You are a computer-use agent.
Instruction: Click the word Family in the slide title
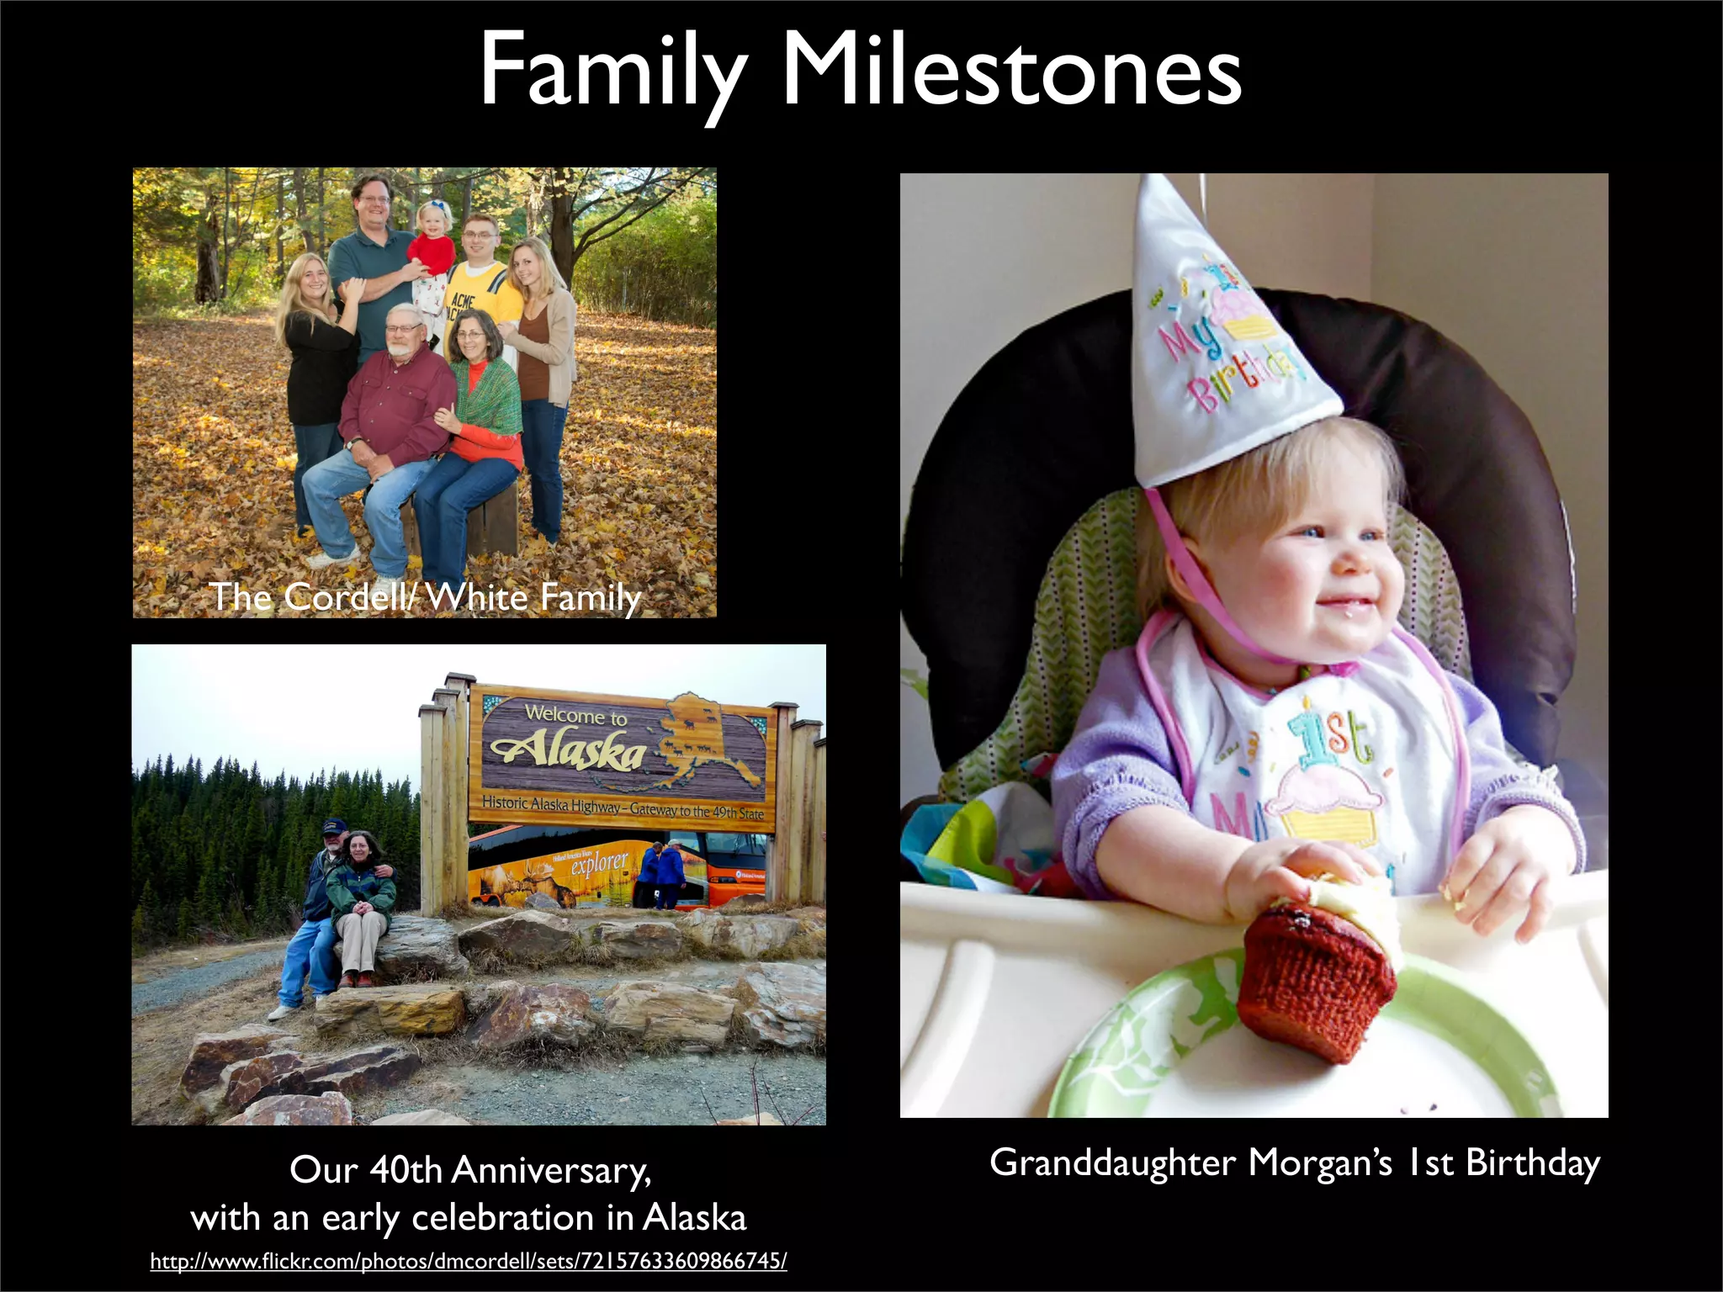(x=612, y=74)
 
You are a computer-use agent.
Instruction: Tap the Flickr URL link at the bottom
(x=469, y=1261)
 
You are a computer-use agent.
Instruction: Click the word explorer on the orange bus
(x=599, y=862)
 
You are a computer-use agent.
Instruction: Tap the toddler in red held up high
(x=431, y=244)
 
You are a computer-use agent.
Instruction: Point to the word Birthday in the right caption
(x=1532, y=1162)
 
